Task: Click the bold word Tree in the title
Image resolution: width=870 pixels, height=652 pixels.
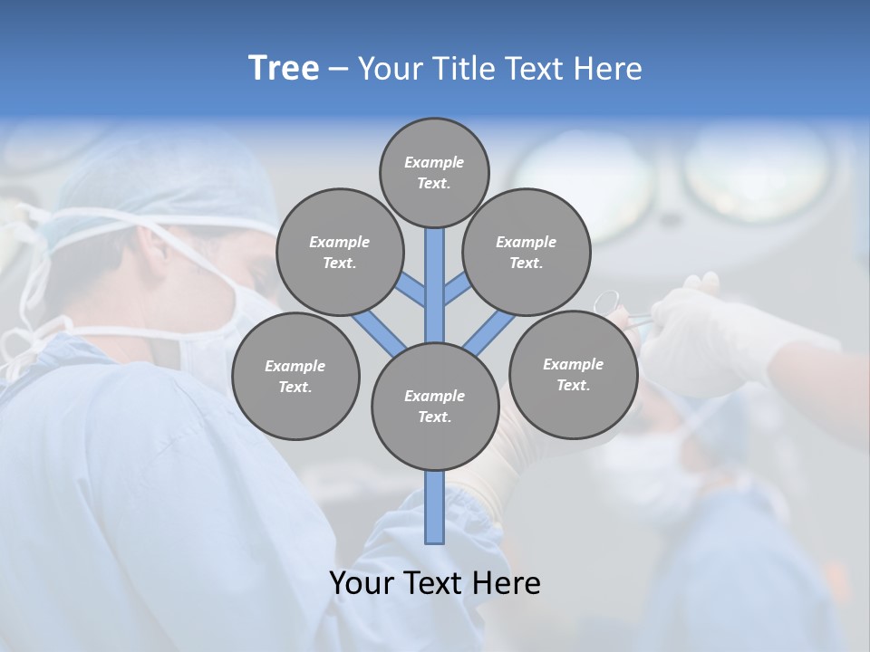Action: point(284,68)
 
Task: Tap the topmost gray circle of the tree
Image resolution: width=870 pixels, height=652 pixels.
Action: point(434,172)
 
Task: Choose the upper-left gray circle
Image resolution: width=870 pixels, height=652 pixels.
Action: point(339,252)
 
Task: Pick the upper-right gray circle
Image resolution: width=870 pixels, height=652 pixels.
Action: point(527,252)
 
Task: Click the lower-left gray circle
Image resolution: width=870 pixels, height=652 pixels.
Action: point(295,376)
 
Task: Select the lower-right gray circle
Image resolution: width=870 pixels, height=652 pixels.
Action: point(573,374)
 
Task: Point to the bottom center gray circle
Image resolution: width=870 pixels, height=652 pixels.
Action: point(435,406)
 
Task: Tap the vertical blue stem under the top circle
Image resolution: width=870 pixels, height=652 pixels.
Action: point(435,281)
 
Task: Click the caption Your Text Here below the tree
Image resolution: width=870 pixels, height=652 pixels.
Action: point(435,583)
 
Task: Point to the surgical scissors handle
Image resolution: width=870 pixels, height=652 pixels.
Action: point(606,302)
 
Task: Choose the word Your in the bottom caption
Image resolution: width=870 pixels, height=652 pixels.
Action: point(363,583)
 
